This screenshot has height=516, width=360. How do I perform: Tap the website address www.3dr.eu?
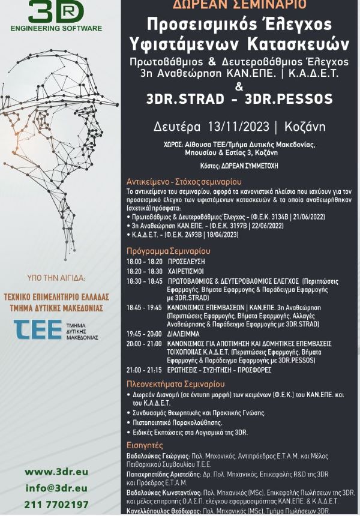(x=56, y=472)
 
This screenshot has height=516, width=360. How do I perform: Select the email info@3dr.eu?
(x=56, y=488)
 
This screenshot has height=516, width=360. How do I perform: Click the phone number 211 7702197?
(x=56, y=504)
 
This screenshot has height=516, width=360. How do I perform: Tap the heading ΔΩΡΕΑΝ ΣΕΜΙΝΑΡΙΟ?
(x=239, y=5)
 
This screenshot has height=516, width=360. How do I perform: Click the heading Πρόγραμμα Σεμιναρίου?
(x=169, y=251)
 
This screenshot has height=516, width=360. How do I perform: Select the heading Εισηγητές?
(x=145, y=445)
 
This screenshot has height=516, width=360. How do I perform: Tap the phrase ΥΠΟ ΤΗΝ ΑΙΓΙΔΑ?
(x=56, y=278)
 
